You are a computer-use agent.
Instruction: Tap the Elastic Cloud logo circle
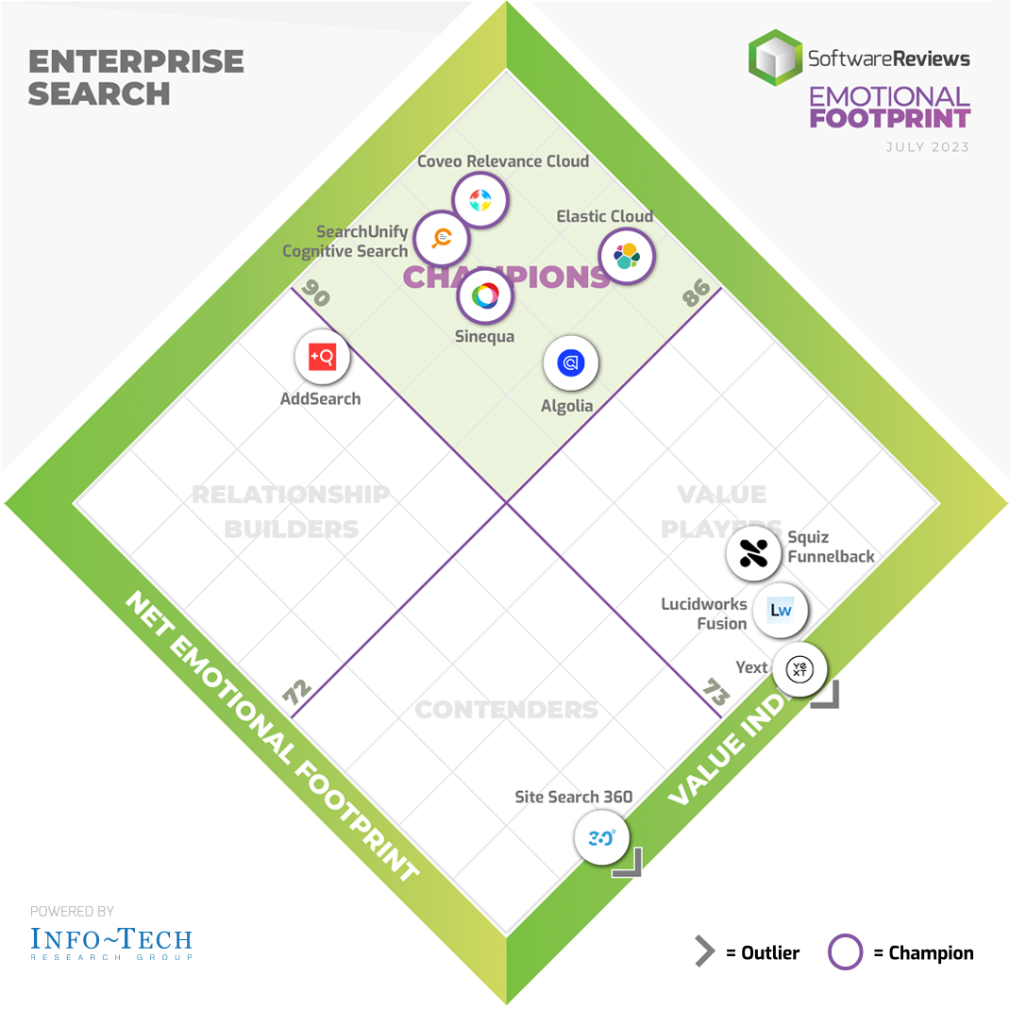click(x=627, y=256)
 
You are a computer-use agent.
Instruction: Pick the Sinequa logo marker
click(x=485, y=296)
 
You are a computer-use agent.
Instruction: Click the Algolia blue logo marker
click(x=571, y=363)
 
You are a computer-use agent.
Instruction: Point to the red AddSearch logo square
click(x=321, y=357)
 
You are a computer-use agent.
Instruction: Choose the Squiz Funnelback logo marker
click(x=753, y=553)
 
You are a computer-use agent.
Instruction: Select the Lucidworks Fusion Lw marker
click(x=781, y=610)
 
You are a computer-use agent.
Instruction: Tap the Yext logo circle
click(x=800, y=669)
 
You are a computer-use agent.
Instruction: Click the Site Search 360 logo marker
click(x=602, y=836)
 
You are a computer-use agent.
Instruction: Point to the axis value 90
click(x=317, y=295)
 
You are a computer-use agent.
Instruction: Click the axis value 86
click(x=696, y=295)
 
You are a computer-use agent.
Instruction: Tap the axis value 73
click(x=716, y=695)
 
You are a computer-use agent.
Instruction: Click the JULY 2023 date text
click(x=928, y=147)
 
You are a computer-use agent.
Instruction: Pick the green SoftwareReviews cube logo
click(x=775, y=58)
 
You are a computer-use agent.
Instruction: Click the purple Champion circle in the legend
click(x=845, y=952)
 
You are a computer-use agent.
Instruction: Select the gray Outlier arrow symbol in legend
click(x=704, y=952)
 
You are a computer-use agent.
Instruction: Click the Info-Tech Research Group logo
click(x=111, y=941)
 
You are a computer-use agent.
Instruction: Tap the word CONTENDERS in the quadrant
click(x=507, y=710)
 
